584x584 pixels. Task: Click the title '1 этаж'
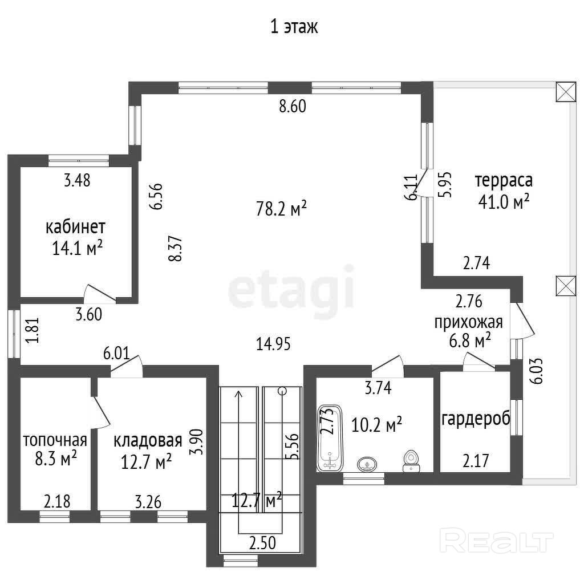[294, 27]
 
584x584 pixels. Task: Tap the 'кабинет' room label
[76, 227]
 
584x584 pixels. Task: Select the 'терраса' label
[504, 181]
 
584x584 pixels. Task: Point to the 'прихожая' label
[469, 322]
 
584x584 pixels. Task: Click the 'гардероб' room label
[476, 419]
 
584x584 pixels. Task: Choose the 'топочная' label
[55, 440]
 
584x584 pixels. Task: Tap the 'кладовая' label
[148, 441]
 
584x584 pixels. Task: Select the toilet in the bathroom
[411, 461]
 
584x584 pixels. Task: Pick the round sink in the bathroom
[367, 464]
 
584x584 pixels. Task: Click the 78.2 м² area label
[281, 208]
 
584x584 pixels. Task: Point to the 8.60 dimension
[293, 106]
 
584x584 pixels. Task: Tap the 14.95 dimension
[273, 343]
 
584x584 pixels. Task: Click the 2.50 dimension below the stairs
[262, 543]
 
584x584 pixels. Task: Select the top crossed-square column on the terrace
[566, 92]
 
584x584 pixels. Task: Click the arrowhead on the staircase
[238, 394]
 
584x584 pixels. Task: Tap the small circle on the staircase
[282, 391]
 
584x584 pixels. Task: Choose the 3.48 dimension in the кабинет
[77, 180]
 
